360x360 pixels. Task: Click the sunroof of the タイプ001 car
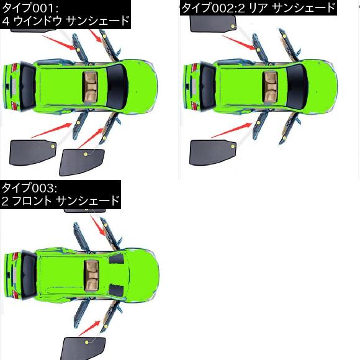click(x=91, y=86)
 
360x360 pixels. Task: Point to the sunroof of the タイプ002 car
click(x=271, y=86)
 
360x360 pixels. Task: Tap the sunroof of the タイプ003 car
click(x=92, y=275)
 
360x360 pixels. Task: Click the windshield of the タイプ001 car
click(x=117, y=86)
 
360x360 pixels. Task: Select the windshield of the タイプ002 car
click(x=297, y=86)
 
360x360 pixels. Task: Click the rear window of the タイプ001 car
click(x=27, y=86)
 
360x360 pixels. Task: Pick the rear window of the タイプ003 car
click(x=29, y=276)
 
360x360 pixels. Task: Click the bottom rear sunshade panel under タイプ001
click(x=33, y=152)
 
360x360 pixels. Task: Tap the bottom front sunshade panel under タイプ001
click(x=82, y=162)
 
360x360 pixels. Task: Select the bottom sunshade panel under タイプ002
click(x=213, y=152)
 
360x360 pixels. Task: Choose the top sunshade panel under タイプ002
click(x=213, y=24)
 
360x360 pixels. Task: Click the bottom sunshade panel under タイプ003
click(x=83, y=348)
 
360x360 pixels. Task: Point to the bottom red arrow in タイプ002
click(x=232, y=130)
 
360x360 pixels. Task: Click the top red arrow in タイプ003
click(x=98, y=225)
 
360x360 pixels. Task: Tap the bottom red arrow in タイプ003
click(x=89, y=328)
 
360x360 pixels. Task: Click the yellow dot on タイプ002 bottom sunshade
click(x=233, y=146)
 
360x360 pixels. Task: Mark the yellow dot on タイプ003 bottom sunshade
click(x=86, y=342)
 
